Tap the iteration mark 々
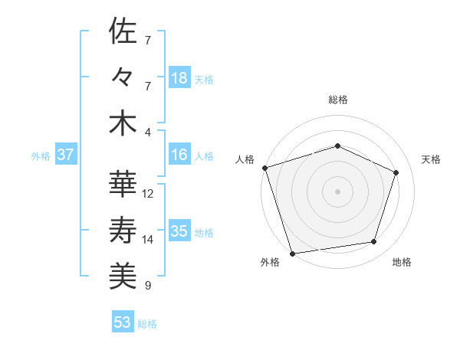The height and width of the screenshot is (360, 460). [123, 77]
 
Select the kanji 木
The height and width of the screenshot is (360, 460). [123, 123]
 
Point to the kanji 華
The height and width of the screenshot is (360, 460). [123, 184]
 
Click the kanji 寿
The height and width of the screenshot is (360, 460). [123, 230]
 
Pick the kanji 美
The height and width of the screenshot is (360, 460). [123, 276]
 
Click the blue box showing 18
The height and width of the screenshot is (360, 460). [179, 78]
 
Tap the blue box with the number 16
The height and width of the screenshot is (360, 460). [179, 155]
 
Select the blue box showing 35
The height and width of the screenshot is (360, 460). [179, 232]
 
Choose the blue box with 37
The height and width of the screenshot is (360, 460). [66, 155]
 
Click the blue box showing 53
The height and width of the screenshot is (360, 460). [123, 322]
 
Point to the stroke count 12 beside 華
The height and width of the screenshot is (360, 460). [148, 194]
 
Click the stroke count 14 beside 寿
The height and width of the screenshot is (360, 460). [148, 240]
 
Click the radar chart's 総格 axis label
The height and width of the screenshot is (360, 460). [337, 100]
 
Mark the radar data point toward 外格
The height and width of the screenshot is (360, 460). [293, 253]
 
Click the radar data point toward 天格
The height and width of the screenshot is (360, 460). [396, 172]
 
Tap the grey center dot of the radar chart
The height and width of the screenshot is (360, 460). [337, 191]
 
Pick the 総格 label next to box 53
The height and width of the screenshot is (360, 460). [147, 324]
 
